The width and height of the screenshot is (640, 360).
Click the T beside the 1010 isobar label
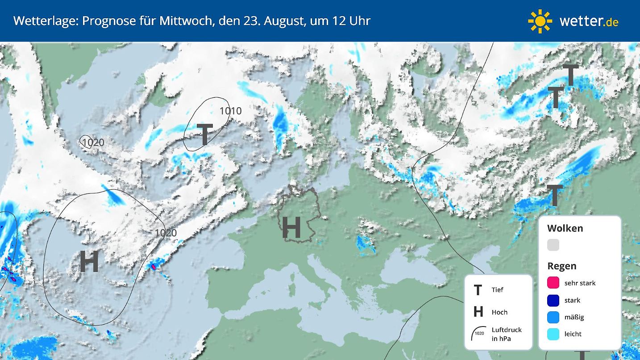click(204, 135)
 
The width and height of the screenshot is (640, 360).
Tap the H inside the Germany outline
click(291, 227)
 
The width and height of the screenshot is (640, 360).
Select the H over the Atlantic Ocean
click(89, 262)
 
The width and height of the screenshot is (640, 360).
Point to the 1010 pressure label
click(230, 111)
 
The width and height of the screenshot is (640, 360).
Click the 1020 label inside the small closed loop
click(93, 143)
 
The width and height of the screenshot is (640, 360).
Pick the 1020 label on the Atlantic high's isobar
click(166, 233)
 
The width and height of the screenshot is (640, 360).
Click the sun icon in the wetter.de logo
click(540, 21)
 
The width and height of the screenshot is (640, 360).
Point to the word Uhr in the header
click(360, 21)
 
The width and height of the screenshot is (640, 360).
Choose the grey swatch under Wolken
click(553, 245)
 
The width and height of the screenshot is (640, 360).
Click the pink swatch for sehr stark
click(553, 283)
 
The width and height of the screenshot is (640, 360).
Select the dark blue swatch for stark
click(553, 300)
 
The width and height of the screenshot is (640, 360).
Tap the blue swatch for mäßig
click(553, 317)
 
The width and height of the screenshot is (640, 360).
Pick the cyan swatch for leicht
click(553, 334)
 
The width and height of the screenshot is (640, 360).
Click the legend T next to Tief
click(478, 290)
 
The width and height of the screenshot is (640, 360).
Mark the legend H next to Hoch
click(478, 312)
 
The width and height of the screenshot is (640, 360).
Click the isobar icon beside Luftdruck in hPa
click(478, 333)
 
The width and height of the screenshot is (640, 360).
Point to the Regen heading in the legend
click(561, 266)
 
